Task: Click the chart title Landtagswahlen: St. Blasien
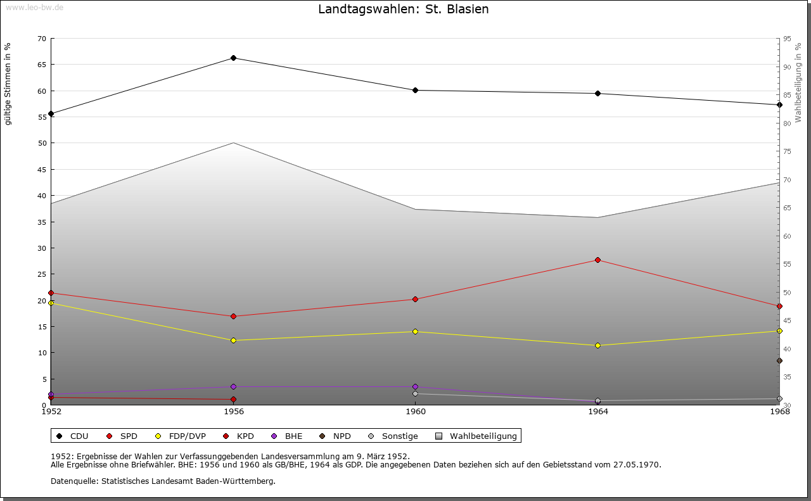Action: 404,10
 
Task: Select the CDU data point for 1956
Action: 234,58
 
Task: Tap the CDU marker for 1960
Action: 416,90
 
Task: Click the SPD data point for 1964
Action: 597,260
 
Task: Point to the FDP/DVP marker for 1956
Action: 234,340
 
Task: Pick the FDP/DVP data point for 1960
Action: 416,331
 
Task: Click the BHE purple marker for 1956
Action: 234,386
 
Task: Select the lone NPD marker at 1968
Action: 779,361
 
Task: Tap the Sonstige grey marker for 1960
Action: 416,393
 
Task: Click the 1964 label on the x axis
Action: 597,412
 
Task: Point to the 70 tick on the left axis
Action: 42,39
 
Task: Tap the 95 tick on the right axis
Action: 787,39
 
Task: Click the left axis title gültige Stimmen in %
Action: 8,84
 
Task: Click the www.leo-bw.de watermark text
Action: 34,7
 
